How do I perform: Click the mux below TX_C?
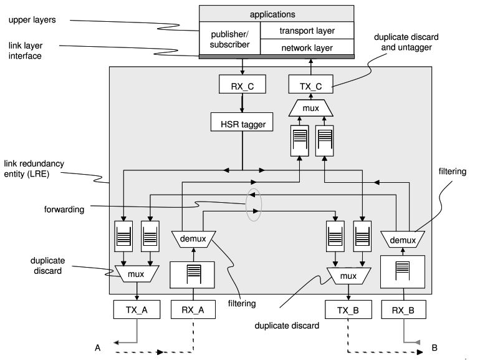tap(310, 109)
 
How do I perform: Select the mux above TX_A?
tap(136, 273)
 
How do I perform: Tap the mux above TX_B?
tap(348, 275)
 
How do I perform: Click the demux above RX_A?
tap(193, 237)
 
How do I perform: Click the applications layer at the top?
tap(276, 14)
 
